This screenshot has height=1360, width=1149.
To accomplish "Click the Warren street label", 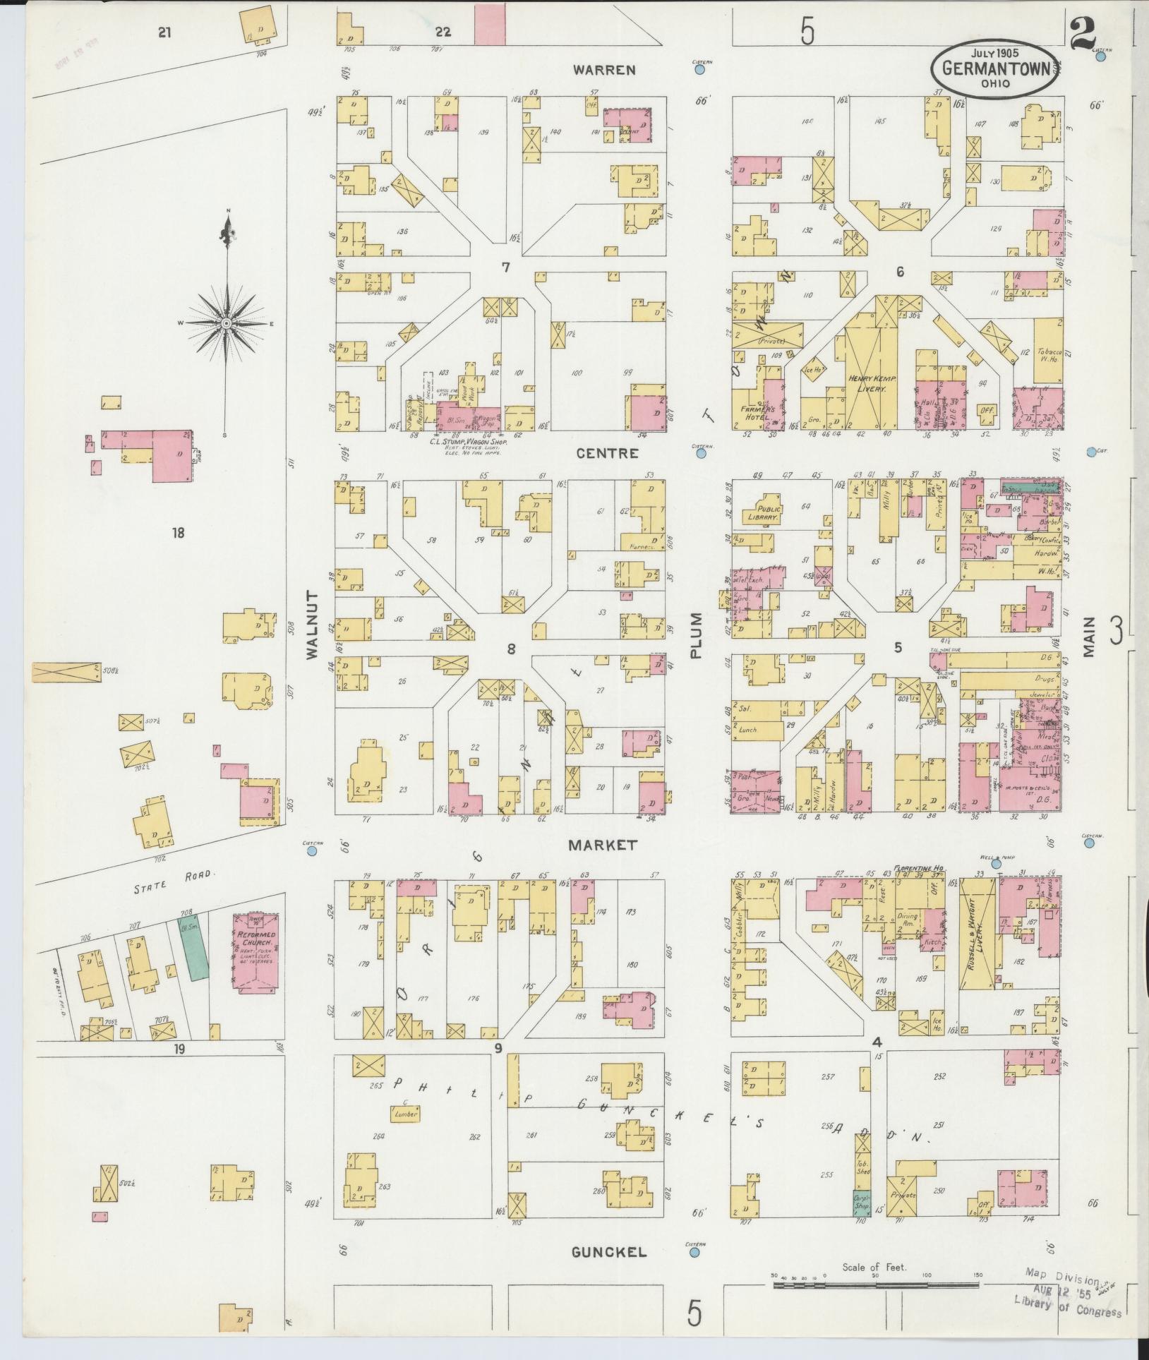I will click(x=604, y=70).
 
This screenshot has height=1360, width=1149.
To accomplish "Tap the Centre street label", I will click(x=607, y=453).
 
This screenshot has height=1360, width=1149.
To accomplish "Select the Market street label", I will click(x=604, y=845).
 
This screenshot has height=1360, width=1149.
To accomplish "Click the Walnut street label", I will click(x=313, y=625).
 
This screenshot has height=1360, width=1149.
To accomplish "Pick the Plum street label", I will click(x=697, y=635).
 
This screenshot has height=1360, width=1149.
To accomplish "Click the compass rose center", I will click(x=227, y=323).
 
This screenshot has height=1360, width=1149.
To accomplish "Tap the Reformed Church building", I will click(x=255, y=953).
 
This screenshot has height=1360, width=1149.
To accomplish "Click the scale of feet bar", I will click(x=875, y=1285).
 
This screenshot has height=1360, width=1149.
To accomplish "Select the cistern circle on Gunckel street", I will click(x=694, y=1253).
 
